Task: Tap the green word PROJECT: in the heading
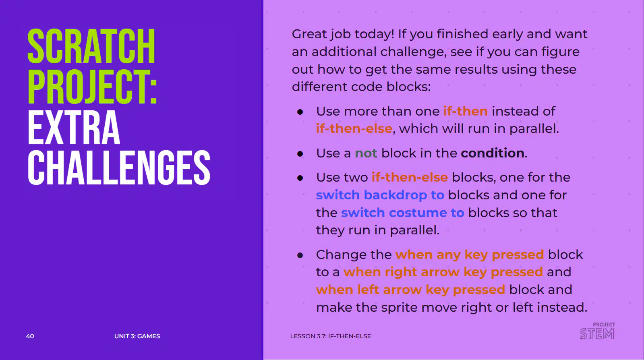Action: click(x=93, y=87)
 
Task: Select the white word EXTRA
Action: click(x=74, y=127)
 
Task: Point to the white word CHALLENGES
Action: click(x=119, y=168)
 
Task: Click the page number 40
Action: click(x=30, y=336)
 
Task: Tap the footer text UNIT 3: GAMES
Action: click(x=137, y=336)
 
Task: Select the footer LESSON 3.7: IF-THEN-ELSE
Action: click(x=331, y=336)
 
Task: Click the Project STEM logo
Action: click(x=597, y=331)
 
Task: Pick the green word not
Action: click(x=366, y=153)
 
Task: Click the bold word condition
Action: click(x=493, y=153)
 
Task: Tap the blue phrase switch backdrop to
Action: click(x=380, y=195)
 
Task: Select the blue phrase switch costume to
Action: click(x=402, y=213)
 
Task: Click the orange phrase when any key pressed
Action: click(x=470, y=255)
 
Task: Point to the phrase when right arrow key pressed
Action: click(x=443, y=272)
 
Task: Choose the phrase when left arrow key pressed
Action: click(x=410, y=290)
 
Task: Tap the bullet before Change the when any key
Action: click(x=300, y=255)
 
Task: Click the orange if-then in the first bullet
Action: click(x=466, y=111)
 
